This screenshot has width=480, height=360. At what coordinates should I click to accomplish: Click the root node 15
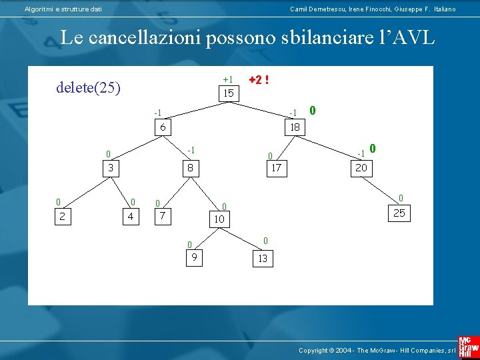(229, 93)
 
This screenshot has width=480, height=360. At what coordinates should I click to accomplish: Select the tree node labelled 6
(163, 127)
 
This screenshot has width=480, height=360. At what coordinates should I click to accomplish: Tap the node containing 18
(295, 127)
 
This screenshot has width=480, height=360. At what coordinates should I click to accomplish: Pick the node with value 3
(111, 168)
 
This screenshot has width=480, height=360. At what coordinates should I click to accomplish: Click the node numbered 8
(190, 168)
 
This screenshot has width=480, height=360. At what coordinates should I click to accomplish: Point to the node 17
(276, 168)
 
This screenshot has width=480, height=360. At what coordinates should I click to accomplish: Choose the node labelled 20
(361, 168)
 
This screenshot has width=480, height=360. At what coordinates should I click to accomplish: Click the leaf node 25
(399, 213)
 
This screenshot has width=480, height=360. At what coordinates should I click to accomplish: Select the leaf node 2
(62, 215)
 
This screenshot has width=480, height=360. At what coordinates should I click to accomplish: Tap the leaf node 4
(130, 215)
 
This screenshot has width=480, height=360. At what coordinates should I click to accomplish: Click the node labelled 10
(219, 218)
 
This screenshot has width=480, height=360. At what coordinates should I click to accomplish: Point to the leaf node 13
(262, 258)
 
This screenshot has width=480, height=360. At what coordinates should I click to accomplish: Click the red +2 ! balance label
(259, 80)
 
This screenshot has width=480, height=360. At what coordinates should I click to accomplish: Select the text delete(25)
(89, 87)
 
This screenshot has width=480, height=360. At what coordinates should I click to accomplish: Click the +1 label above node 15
(228, 79)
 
